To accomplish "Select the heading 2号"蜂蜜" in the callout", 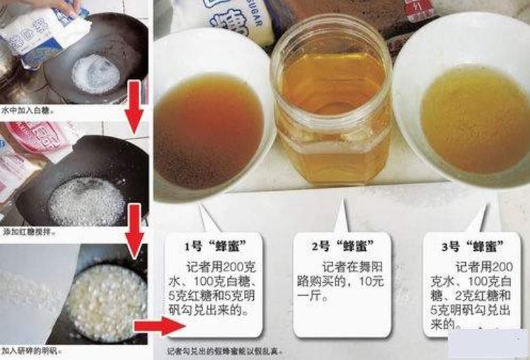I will [342, 245].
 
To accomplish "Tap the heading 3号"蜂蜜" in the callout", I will [472, 245].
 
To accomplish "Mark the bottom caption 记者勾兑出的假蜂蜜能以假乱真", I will [225, 352].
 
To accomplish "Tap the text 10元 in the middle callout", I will [372, 282].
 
